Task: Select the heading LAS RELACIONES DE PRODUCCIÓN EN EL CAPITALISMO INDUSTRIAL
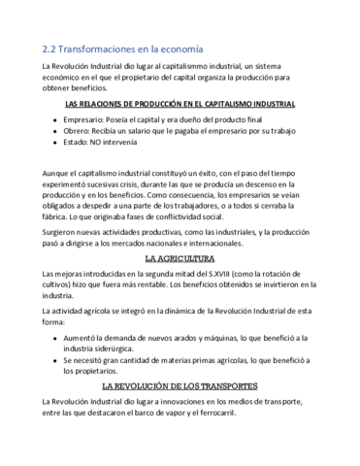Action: pyautogui.click(x=180, y=102)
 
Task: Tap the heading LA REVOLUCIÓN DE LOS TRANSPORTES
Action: pyautogui.click(x=180, y=385)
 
